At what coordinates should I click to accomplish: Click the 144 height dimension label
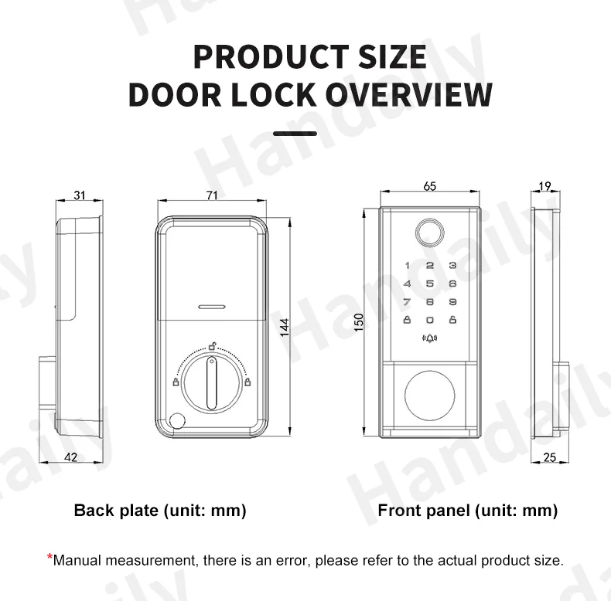pos(284,327)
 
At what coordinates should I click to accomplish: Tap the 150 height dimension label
pos(359,321)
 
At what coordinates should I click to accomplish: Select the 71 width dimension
pos(212,195)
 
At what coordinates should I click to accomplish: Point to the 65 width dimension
pos(430,186)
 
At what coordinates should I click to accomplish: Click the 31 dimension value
pos(80,195)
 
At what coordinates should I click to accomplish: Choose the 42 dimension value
pos(70,457)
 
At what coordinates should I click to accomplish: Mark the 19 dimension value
pos(544,186)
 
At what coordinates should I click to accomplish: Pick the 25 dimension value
pos(550,457)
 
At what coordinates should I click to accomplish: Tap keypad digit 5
pos(430,284)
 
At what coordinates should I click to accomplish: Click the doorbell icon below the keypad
pos(429,338)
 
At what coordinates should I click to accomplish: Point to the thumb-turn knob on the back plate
pos(211,382)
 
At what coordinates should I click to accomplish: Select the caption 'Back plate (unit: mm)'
pos(160,510)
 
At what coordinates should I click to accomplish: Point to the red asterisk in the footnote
pos(49,558)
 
